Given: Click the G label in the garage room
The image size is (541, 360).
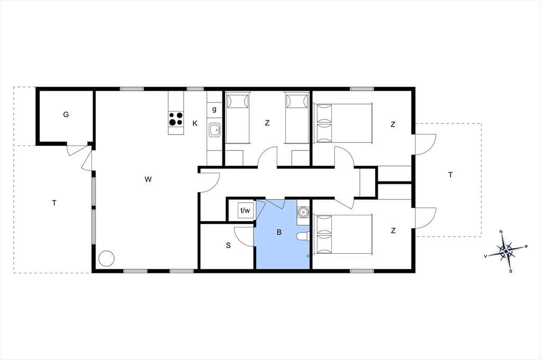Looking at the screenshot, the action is (66, 115).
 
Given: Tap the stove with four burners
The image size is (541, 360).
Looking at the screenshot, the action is (175, 119).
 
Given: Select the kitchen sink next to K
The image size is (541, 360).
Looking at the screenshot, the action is (214, 130).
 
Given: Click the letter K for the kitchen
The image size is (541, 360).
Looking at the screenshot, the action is (195, 123).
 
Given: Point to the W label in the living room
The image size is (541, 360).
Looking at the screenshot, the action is (148, 179).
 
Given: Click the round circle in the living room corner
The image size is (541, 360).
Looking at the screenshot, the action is (106, 258).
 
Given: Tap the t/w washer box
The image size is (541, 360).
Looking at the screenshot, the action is (245, 210).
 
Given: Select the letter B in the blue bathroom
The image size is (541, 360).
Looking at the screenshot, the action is (279, 232).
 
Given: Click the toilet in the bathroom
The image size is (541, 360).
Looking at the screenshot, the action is (303, 236).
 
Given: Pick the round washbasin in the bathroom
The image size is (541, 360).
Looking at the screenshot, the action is (303, 211).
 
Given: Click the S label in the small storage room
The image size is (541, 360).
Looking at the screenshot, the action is (228, 245).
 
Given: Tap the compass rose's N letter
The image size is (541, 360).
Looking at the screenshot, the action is (501, 231).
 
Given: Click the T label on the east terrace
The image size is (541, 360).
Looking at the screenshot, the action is (450, 175).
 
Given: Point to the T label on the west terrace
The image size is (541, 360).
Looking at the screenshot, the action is (54, 203).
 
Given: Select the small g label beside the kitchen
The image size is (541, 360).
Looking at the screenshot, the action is (214, 110).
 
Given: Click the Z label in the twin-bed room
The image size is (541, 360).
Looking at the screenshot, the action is (267, 123).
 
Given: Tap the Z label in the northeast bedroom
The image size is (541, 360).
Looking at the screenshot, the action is (393, 125).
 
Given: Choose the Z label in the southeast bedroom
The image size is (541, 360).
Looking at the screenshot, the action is (393, 231).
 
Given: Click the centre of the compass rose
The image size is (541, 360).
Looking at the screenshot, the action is (506, 252).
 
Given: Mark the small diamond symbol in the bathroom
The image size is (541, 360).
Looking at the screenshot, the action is (308, 256).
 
